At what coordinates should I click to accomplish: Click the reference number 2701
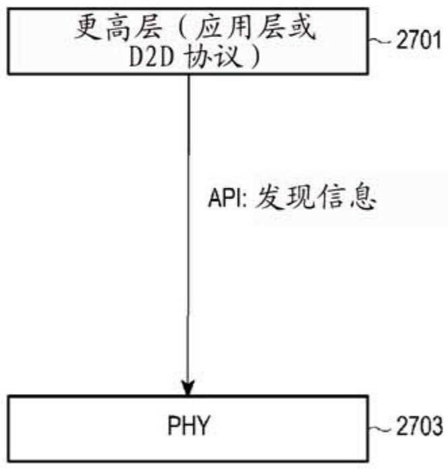point(418,40)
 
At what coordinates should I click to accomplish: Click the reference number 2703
point(419,426)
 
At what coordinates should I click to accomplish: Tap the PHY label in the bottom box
point(188,425)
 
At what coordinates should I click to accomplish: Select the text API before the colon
point(224,197)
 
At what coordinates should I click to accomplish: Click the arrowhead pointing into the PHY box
point(188,387)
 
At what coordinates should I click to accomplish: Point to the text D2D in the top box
point(151,57)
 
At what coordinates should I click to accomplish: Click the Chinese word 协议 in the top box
point(213,56)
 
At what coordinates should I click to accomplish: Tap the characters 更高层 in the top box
point(119,28)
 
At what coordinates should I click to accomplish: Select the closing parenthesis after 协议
point(255,57)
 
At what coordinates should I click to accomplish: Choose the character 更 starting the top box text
point(88,28)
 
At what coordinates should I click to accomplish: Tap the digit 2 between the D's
point(151,57)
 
